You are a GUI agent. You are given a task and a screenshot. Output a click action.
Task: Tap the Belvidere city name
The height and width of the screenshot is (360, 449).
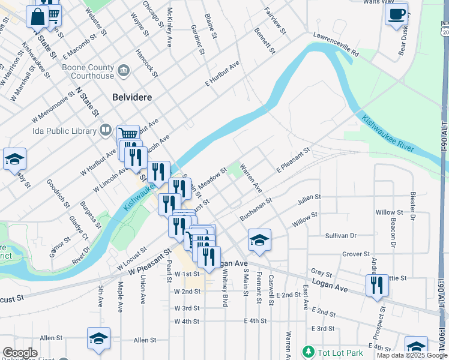(132, 97)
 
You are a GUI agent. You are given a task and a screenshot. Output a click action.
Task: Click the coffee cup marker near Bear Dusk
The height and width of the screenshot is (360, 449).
(396, 15)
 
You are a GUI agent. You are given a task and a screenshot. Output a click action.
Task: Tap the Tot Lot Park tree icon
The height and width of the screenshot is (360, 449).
(308, 351)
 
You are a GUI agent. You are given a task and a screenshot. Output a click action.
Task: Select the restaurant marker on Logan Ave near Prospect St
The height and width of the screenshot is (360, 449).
(377, 285)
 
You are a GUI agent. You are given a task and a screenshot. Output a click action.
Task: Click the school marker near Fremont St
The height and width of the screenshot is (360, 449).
(259, 240)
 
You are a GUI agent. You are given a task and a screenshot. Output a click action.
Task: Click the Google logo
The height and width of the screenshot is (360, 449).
(19, 352)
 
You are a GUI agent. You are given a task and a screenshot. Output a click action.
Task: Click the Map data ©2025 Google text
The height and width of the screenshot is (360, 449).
(411, 355)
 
